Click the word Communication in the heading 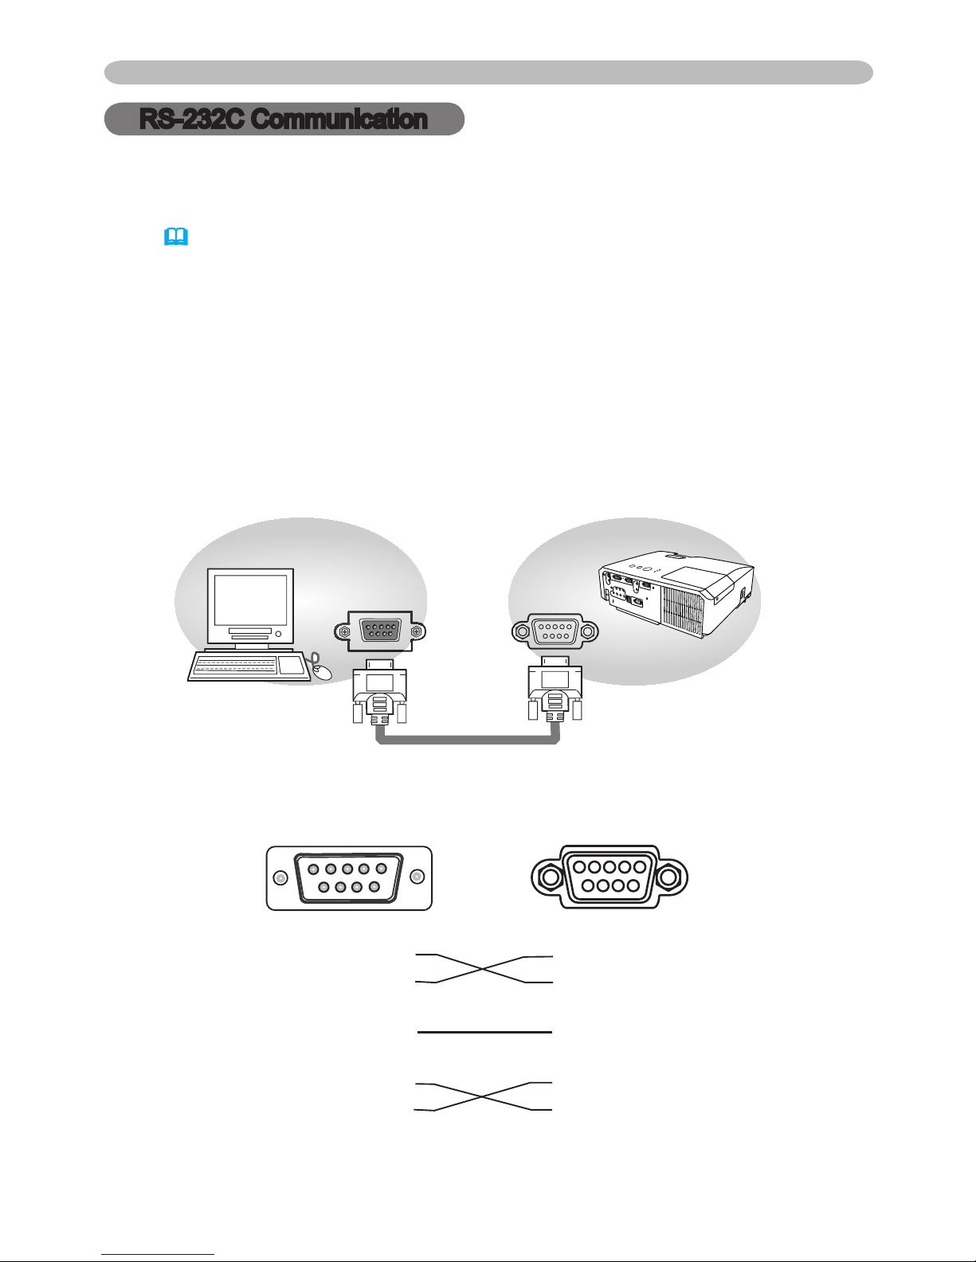340,119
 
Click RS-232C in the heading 194,119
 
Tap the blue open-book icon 176,236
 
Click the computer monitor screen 251,600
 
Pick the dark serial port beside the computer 380,631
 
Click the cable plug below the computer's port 379,691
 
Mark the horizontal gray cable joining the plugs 468,740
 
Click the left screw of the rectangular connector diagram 280,877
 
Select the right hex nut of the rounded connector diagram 669,877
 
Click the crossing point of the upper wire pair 481,969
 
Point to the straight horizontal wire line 484,1032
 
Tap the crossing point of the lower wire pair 481,1096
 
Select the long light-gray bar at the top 488,72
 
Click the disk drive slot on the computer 250,631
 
